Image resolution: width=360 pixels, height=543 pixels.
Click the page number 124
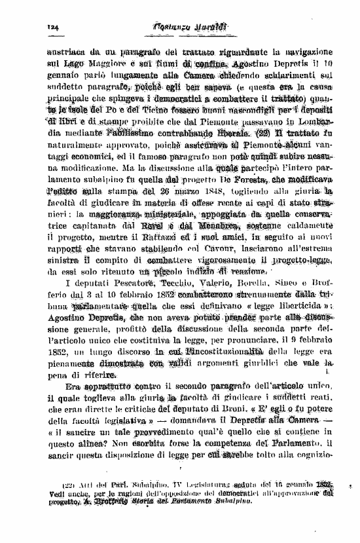pos(53,26)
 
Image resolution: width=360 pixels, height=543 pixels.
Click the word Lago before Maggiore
pos(77,64)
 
